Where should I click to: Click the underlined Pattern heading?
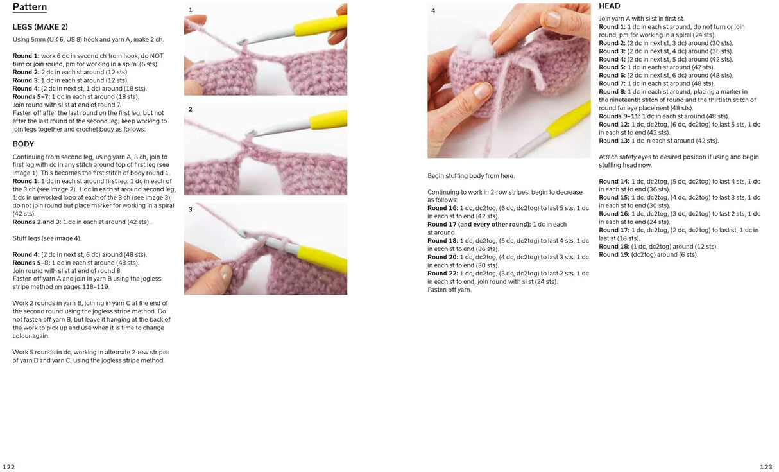tap(30, 8)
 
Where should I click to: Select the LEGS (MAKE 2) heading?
tap(40, 27)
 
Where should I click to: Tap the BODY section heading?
tap(23, 144)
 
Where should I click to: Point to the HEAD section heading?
tap(609, 6)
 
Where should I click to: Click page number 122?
tap(8, 467)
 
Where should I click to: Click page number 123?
tap(766, 467)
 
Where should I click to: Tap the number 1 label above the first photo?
tap(190, 10)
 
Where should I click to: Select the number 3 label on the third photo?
tap(190, 210)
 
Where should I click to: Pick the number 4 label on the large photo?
tap(433, 11)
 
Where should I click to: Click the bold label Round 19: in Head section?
tap(613, 255)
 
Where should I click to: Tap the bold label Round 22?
tap(441, 274)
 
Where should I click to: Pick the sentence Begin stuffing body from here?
tap(471, 176)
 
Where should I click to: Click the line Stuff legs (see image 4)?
tap(47, 238)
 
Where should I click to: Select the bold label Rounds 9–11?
tap(619, 116)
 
